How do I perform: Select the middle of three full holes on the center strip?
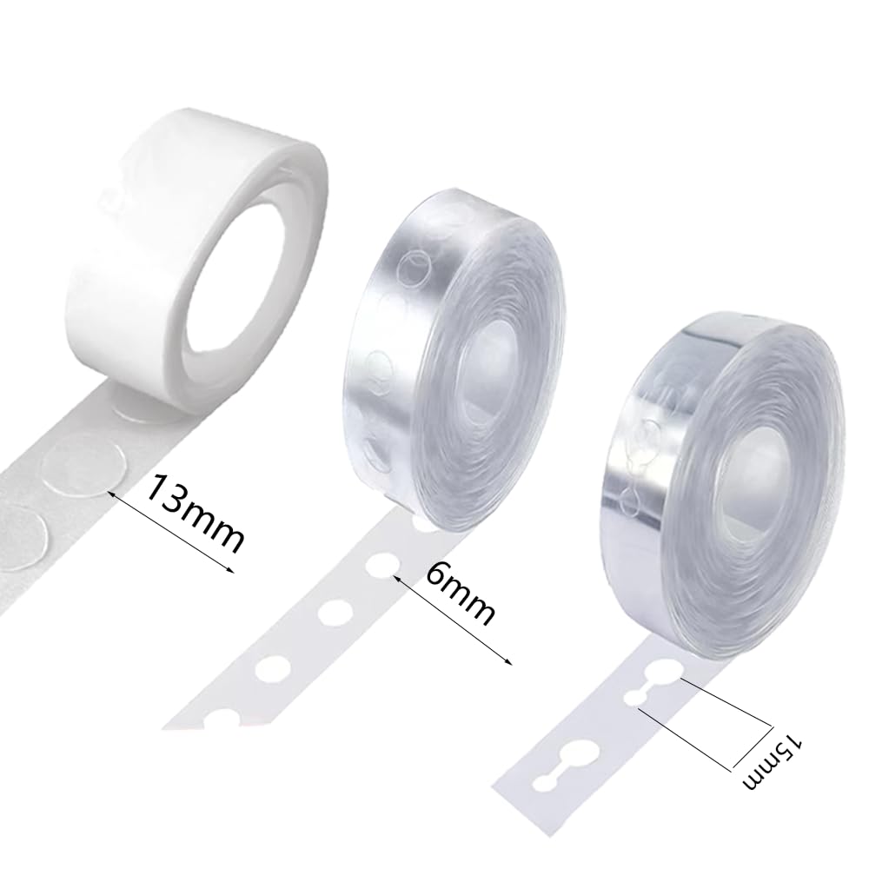click(330, 614)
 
